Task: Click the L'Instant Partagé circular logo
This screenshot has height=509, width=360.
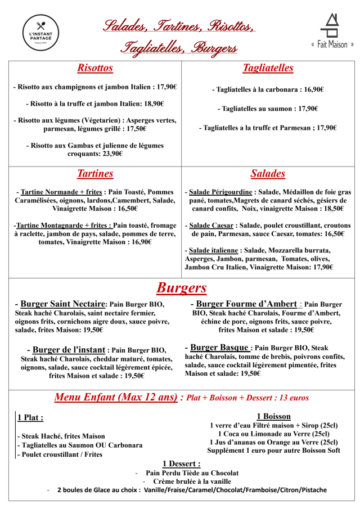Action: (40, 34)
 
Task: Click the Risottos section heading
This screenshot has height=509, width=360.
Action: (95, 68)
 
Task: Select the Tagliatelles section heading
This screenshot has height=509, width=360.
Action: (268, 68)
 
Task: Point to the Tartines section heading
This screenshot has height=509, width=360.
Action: (95, 174)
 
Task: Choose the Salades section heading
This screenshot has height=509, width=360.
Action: (268, 174)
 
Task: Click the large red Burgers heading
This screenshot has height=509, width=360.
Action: (181, 288)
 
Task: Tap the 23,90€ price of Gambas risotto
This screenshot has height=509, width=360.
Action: (112, 154)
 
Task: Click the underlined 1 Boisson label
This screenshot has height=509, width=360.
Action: (273, 416)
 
